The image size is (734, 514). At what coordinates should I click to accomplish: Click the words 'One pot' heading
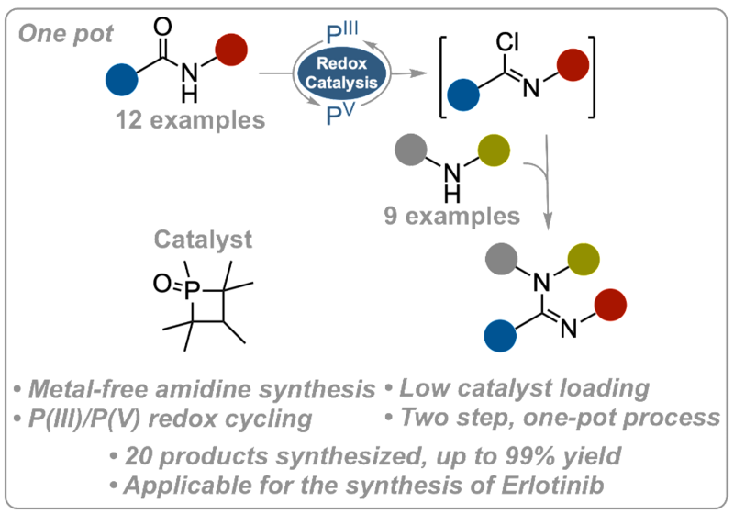click(x=65, y=34)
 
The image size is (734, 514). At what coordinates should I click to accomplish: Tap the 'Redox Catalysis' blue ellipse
click(x=341, y=73)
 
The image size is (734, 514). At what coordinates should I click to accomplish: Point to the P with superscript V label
click(x=340, y=114)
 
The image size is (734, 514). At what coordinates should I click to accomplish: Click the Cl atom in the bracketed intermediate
click(x=508, y=42)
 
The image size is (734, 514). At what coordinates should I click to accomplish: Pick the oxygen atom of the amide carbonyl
click(x=162, y=27)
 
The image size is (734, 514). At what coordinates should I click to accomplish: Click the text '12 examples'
click(x=191, y=120)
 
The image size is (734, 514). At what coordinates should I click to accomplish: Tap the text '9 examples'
click(x=451, y=216)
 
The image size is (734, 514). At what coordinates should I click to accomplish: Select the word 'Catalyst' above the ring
click(x=203, y=240)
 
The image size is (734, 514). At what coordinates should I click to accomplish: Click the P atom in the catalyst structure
click(x=192, y=290)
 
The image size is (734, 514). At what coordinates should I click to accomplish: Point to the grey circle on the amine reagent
click(x=411, y=151)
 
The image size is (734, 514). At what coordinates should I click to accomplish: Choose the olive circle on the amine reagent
click(x=494, y=151)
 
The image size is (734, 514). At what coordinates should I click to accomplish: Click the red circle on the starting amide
click(x=231, y=50)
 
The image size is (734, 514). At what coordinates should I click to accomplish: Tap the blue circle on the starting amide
click(x=122, y=80)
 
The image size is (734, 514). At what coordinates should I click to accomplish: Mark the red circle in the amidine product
click(x=610, y=305)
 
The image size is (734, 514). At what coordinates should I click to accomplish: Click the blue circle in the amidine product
click(x=500, y=336)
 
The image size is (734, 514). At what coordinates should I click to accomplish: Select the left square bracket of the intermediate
click(x=443, y=77)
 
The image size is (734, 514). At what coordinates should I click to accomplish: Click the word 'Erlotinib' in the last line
click(x=553, y=486)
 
